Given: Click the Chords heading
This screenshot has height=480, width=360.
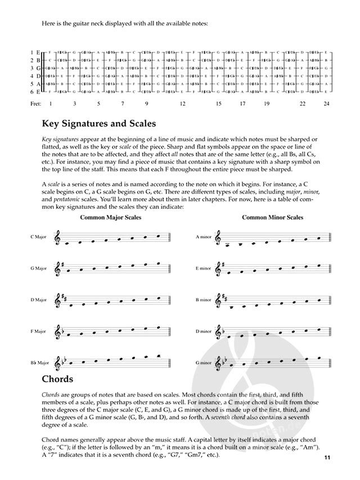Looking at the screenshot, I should (x=57, y=379).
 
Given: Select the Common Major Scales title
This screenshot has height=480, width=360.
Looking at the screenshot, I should (x=109, y=217).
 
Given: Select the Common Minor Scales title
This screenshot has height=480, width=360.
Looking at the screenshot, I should (x=272, y=217).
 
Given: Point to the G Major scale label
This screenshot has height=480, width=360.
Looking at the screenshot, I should (x=38, y=269).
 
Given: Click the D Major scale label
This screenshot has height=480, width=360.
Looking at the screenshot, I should (x=38, y=300).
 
